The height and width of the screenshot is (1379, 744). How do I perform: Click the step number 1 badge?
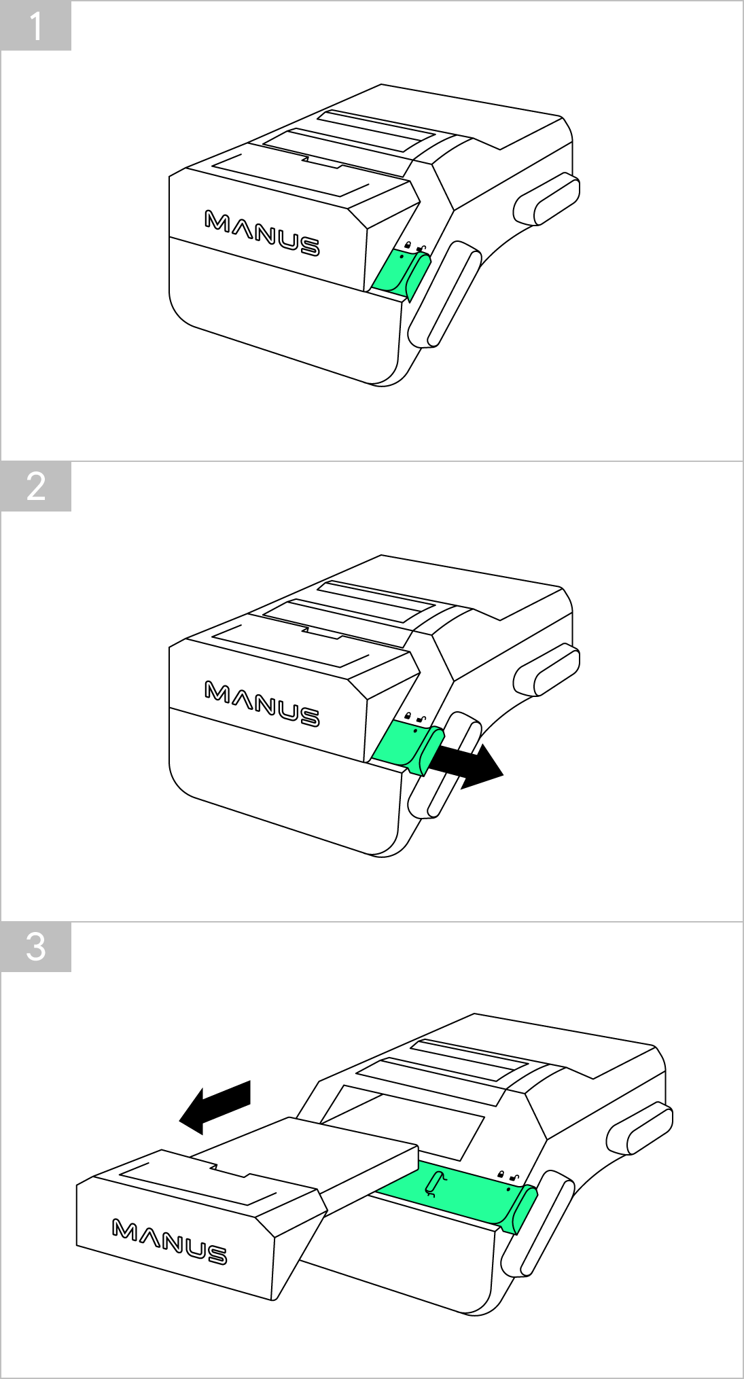[36, 26]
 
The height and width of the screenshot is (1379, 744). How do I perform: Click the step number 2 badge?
[36, 486]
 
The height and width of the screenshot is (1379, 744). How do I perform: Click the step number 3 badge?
[36, 947]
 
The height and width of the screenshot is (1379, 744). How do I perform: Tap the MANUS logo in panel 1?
[262, 233]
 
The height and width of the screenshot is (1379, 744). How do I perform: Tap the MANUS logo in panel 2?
[262, 704]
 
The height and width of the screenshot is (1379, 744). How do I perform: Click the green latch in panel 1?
[401, 274]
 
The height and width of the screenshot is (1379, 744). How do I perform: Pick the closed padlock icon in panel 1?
[408, 245]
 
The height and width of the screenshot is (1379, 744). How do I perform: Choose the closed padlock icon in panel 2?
[407, 716]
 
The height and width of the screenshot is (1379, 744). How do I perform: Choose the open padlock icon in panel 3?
[514, 1178]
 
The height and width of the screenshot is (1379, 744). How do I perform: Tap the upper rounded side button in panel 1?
[546, 198]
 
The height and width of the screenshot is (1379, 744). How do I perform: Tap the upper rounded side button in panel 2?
[546, 670]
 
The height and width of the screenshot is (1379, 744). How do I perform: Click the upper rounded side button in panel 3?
[639, 1128]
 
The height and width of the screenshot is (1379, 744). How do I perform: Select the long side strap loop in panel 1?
[444, 294]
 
